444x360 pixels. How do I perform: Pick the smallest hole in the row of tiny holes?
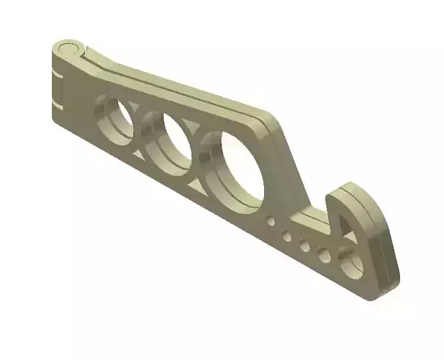[271, 222]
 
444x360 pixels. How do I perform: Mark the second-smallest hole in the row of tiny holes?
[286, 233]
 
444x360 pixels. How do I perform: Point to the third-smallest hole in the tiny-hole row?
[304, 245]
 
